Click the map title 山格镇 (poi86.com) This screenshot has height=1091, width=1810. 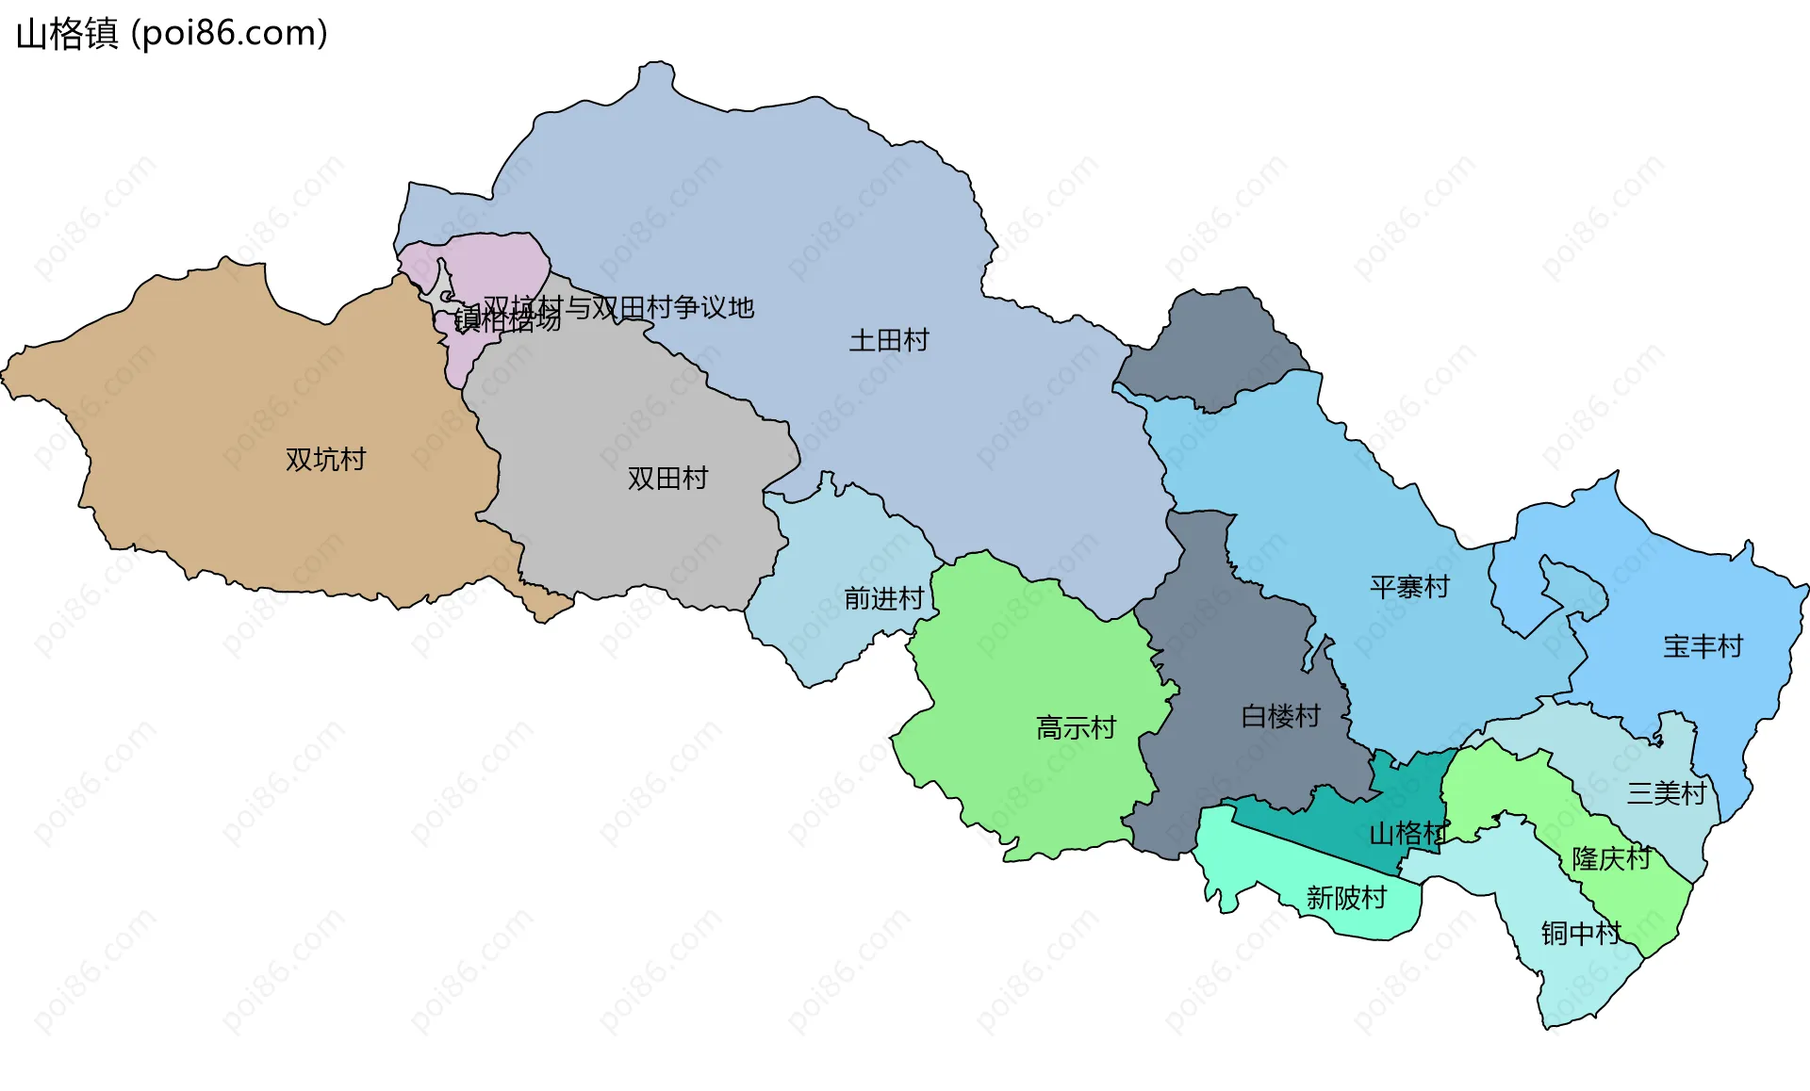pyautogui.click(x=172, y=34)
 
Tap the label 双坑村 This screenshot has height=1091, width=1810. pyautogui.click(x=325, y=460)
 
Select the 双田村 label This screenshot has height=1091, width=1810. pyautogui.click(x=667, y=479)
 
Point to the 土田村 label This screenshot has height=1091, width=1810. pyautogui.click(x=889, y=340)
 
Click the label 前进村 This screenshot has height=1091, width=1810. pyautogui.click(x=883, y=598)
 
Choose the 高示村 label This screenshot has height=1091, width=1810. pyautogui.click(x=1076, y=727)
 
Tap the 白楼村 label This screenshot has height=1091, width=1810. pyautogui.click(x=1280, y=716)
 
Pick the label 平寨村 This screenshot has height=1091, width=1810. pyautogui.click(x=1409, y=587)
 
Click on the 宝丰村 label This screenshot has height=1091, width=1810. pyautogui.click(x=1703, y=646)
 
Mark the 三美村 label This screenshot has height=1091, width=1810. pyautogui.click(x=1666, y=793)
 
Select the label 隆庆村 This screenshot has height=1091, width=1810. pyautogui.click(x=1611, y=858)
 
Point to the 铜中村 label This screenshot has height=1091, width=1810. pyautogui.click(x=1580, y=933)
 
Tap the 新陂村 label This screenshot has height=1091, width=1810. pyautogui.click(x=1346, y=898)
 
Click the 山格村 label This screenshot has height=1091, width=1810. pyautogui.click(x=1407, y=833)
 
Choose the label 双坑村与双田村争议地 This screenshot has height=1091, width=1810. pyautogui.click(x=619, y=307)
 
